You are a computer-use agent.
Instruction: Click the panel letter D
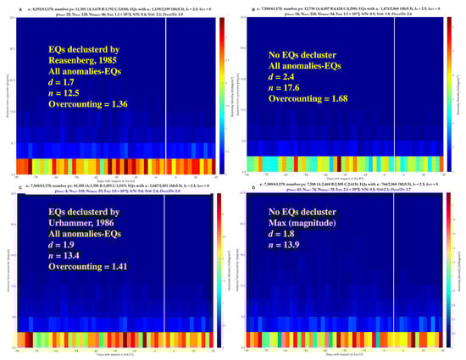coord(241,186)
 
